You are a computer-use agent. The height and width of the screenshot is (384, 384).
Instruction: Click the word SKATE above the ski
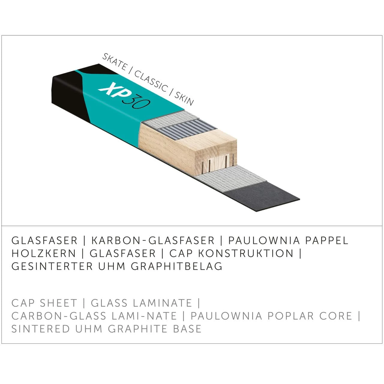114,61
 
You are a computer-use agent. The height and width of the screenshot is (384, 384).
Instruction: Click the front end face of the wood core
216,159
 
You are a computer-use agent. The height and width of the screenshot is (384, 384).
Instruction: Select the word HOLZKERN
44,253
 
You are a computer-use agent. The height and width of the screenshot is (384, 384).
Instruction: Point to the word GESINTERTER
52,266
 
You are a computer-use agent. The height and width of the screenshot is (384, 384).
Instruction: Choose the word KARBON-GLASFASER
153,241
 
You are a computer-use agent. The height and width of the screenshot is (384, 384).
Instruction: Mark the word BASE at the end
188,329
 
